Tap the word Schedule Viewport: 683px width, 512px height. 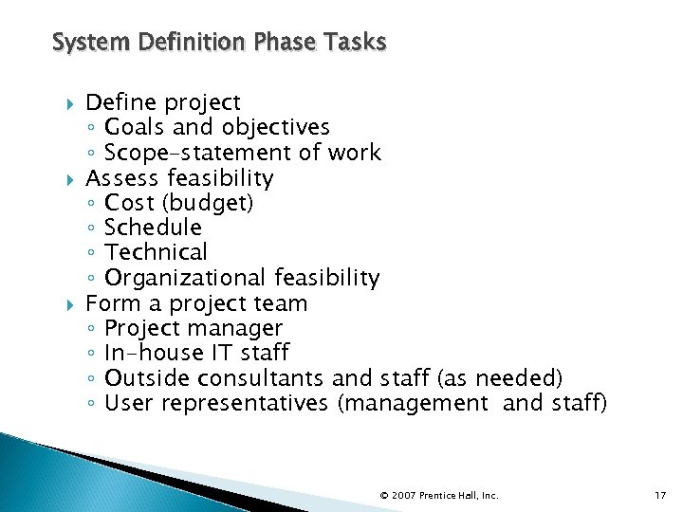[153, 228]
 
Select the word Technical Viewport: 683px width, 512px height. [156, 253]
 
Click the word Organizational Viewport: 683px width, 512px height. [186, 278]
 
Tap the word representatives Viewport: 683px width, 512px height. [246, 404]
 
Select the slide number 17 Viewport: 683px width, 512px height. [660, 495]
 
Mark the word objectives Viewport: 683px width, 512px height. [277, 127]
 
